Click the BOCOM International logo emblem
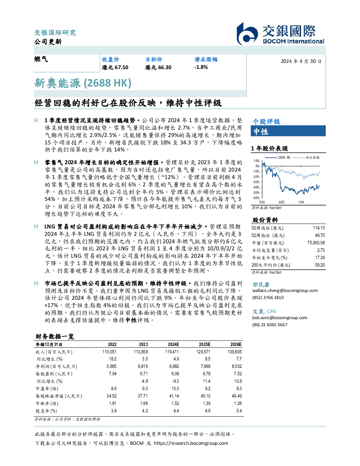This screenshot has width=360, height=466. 247,34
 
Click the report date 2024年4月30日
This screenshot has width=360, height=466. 301,61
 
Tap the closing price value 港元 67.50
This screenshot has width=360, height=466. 115,67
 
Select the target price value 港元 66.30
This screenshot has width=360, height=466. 158,67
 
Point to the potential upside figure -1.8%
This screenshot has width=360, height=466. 201,67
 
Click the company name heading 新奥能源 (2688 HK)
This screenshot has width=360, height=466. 83,83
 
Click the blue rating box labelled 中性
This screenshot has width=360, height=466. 288,131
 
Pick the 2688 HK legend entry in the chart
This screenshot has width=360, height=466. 278,157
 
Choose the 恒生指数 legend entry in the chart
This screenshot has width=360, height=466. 306,157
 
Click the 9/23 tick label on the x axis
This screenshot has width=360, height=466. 282,202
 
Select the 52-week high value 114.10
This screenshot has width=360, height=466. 319,228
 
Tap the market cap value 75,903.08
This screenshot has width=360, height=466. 316,243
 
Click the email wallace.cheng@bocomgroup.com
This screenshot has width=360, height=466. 285,291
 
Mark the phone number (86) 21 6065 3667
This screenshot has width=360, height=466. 270,325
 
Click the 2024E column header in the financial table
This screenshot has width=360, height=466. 173,345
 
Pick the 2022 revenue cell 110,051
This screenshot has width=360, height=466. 109,352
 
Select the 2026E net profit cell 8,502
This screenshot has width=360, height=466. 237,366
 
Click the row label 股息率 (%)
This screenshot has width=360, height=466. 46,411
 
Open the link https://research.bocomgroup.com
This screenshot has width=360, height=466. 191,443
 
